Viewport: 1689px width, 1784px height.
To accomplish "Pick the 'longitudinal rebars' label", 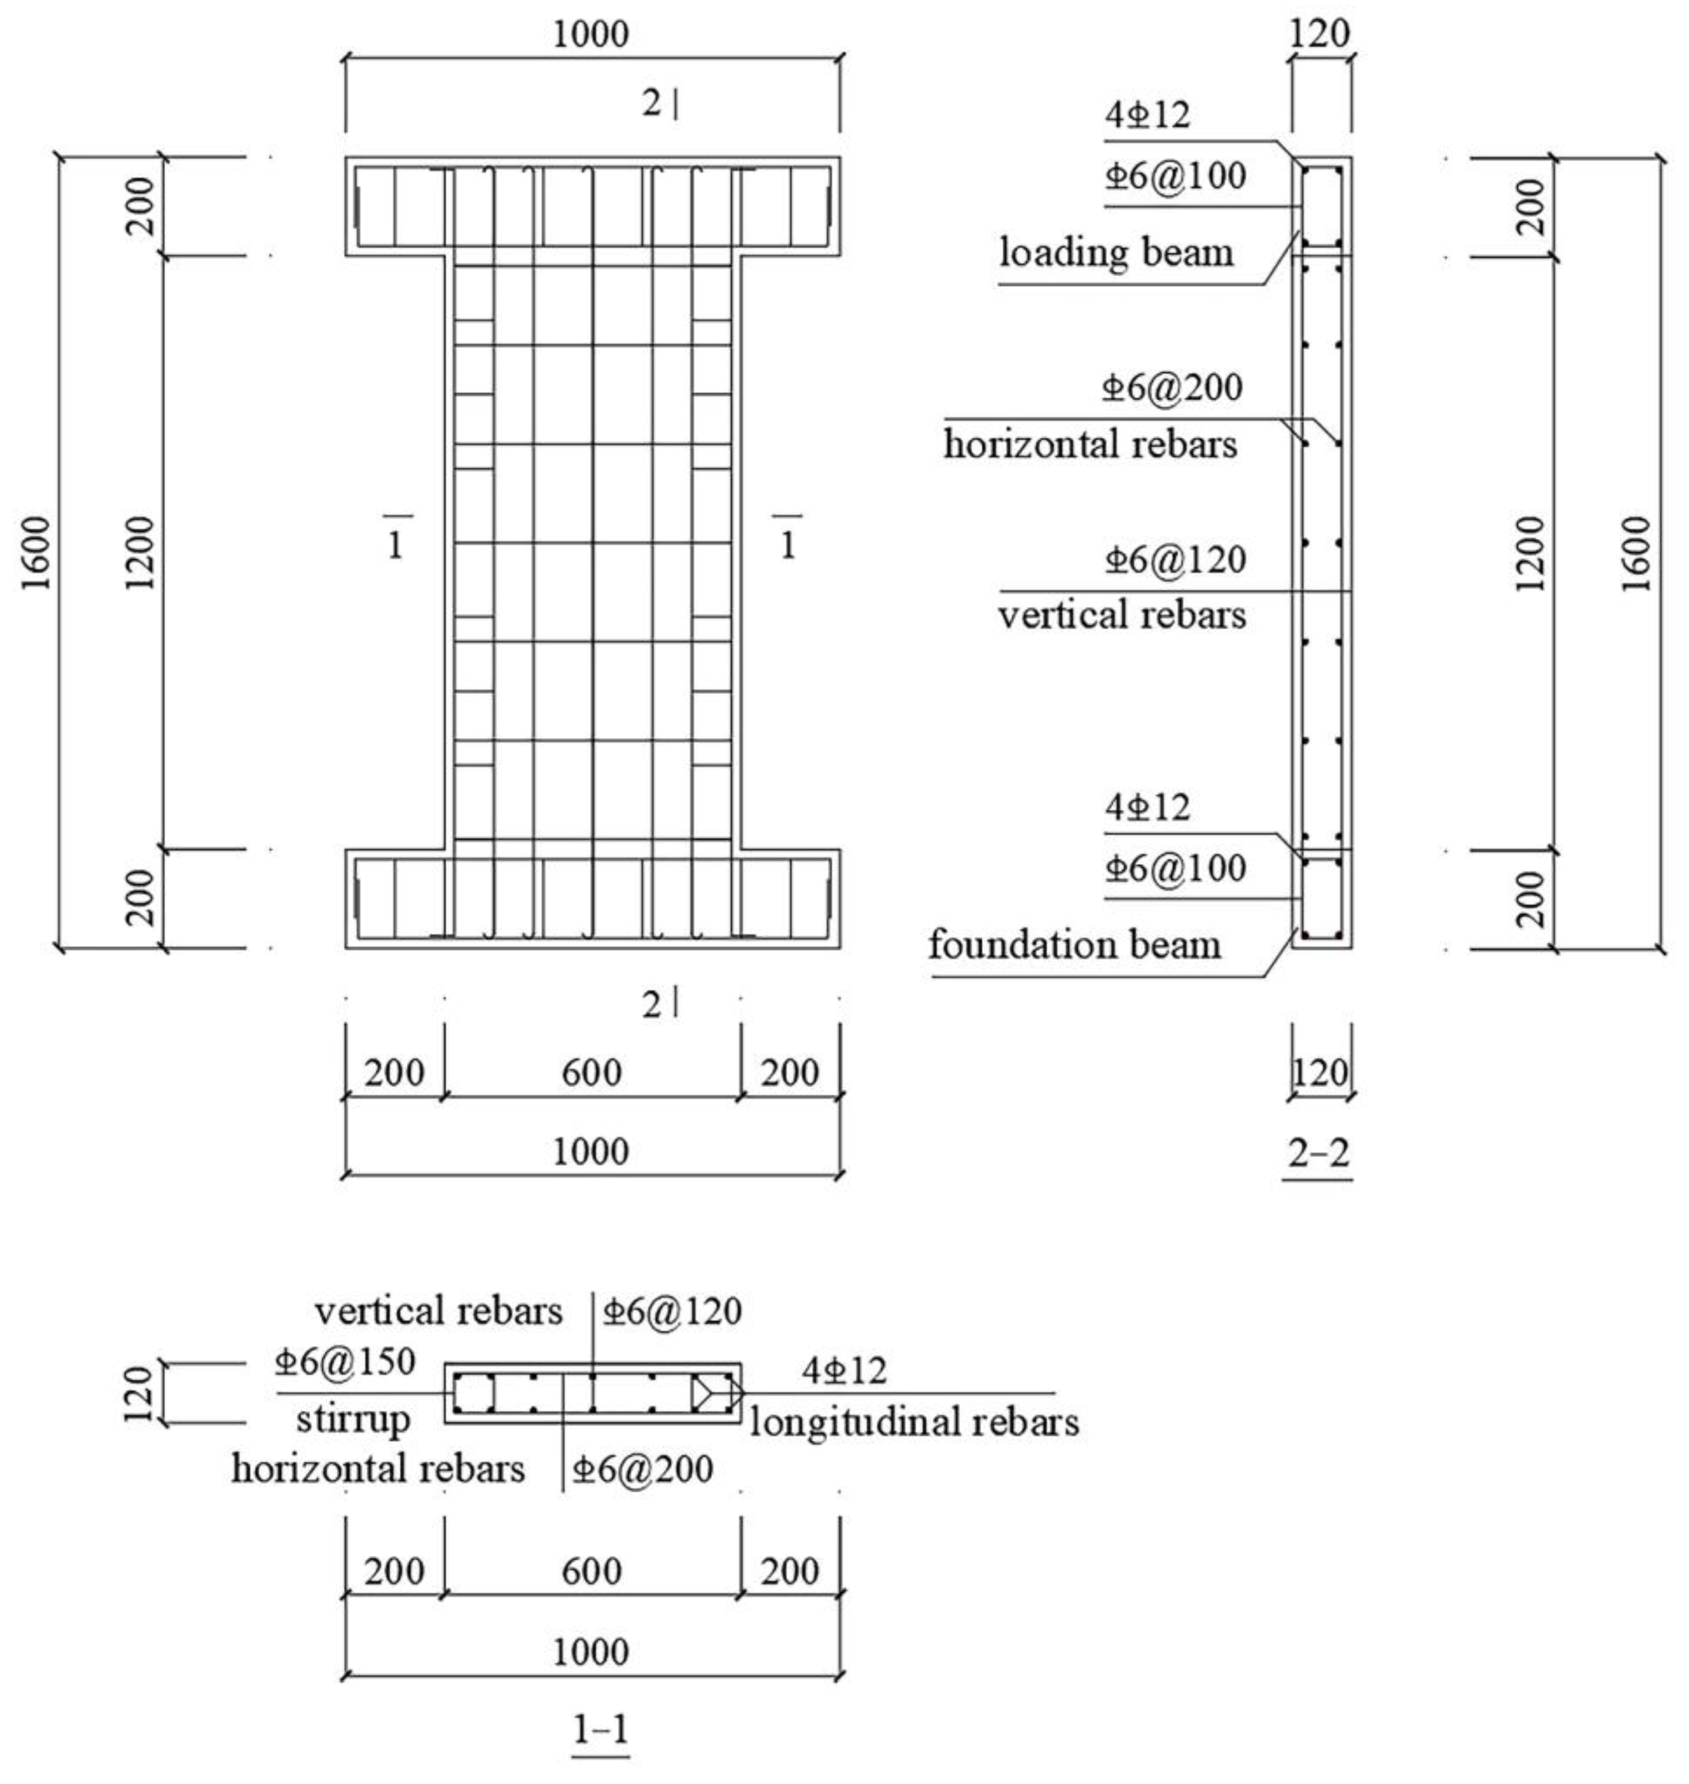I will click(915, 1423).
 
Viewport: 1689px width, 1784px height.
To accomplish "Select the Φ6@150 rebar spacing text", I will click(345, 1362).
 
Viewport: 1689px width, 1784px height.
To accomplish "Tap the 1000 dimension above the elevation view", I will click(591, 35).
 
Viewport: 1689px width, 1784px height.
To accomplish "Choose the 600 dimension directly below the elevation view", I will click(592, 1072).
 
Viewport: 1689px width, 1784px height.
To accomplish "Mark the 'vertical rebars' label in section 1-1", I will click(439, 1311).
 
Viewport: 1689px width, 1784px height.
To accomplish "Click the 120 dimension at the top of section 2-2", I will click(1321, 34).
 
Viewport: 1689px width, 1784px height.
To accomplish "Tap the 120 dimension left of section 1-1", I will click(138, 1394).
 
